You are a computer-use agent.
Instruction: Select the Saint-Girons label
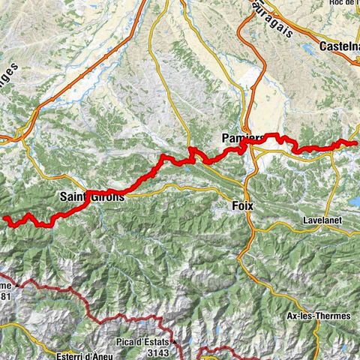(x=92, y=196)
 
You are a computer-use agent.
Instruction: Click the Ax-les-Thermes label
(x=319, y=316)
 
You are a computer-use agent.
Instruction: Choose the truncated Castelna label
(x=338, y=46)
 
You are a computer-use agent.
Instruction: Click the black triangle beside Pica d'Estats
(x=174, y=342)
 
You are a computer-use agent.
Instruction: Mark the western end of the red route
(x=5, y=218)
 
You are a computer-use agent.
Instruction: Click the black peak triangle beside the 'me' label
(x=16, y=286)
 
